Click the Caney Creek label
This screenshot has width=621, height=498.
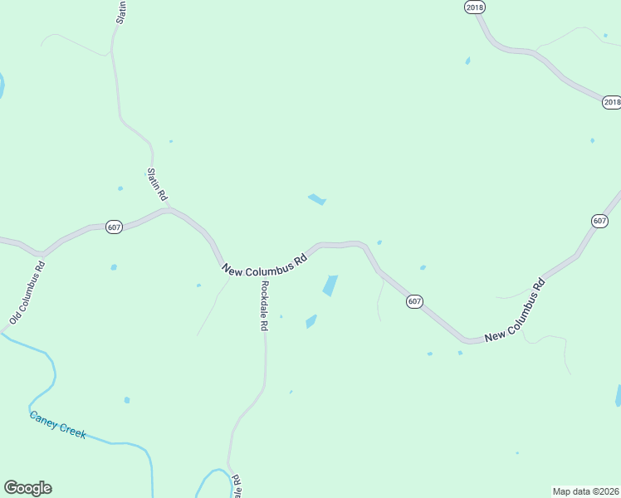57,425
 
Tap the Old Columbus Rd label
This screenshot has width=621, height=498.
27,293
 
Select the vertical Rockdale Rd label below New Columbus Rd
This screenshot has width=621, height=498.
264,306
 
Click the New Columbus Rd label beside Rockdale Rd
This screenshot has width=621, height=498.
265,262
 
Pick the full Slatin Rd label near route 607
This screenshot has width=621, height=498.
157,184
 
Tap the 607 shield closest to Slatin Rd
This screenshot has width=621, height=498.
115,227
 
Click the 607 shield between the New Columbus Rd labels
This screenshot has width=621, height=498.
415,301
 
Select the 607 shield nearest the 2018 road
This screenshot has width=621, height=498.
599,221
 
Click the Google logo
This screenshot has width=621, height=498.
27,488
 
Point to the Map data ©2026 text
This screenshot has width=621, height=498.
585,491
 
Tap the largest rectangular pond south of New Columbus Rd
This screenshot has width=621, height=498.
330,286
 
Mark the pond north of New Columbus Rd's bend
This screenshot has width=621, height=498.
316,199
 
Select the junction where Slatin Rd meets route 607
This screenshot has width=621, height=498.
169,210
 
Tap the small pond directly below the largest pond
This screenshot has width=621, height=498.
311,321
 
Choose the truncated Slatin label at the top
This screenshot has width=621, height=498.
121,12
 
